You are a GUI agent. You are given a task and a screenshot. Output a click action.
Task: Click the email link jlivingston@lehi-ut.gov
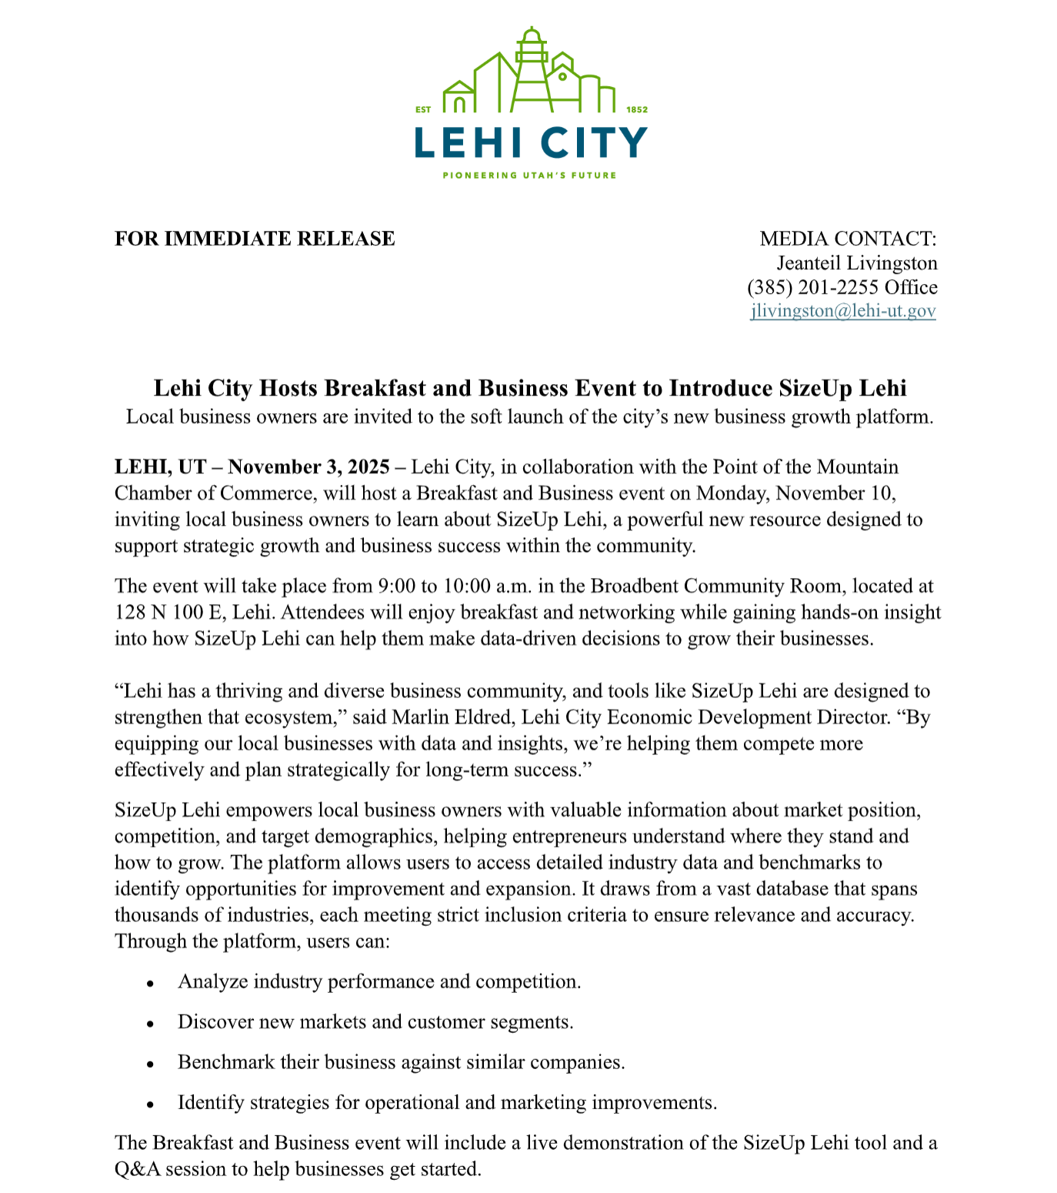coord(843,311)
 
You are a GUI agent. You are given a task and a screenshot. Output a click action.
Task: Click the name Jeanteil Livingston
coord(856,263)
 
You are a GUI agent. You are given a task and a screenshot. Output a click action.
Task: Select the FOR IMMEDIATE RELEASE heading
coord(255,239)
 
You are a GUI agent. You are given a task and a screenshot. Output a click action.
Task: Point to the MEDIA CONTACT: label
coord(848,239)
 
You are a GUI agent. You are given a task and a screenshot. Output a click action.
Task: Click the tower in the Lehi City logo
coord(531,65)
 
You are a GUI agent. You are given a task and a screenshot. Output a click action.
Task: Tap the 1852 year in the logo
coord(637,110)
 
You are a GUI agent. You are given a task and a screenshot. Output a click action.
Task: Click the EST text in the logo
coord(423,110)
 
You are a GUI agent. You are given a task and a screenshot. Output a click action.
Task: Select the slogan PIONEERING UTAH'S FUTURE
coord(529,175)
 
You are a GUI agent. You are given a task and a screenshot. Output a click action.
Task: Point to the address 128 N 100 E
coord(159,613)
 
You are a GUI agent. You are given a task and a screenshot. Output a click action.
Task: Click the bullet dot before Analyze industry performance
coord(151,983)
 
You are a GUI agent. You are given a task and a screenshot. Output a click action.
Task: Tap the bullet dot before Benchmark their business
coord(151,1064)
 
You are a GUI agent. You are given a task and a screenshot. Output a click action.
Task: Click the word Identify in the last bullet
coord(208,1103)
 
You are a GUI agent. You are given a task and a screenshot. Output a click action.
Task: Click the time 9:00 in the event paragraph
coord(396,586)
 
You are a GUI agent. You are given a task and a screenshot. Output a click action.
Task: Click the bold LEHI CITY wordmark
coord(531,143)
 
